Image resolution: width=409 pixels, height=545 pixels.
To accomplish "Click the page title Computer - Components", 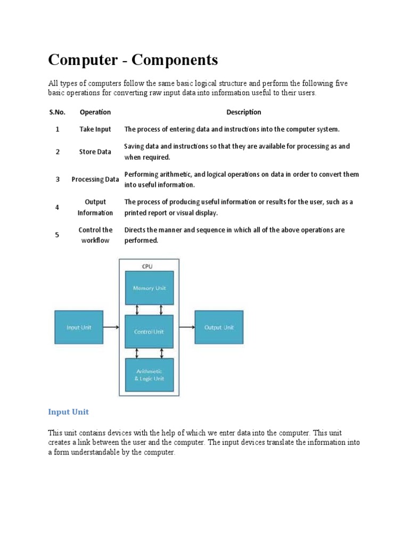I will pyautogui.click(x=133, y=61).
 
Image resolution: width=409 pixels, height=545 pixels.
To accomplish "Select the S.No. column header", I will pyautogui.click(x=57, y=112).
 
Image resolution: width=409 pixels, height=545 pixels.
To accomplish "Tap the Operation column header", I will pyautogui.click(x=95, y=112).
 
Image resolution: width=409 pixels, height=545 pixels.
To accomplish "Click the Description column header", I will pyautogui.click(x=243, y=112).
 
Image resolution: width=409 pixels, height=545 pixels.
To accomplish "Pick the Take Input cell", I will pyautogui.click(x=95, y=129).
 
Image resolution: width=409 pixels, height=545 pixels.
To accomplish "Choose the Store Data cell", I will pyautogui.click(x=95, y=152).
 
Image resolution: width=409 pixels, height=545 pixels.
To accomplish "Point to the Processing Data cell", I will pyautogui.click(x=95, y=179).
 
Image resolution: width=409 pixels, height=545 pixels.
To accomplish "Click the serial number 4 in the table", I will pyautogui.click(x=57, y=207).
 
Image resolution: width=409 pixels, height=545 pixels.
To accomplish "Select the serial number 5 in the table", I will pyautogui.click(x=57, y=235).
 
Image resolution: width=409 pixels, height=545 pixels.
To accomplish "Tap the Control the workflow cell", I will pyautogui.click(x=95, y=235).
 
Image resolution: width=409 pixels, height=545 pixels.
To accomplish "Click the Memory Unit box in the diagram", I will pyautogui.click(x=149, y=288).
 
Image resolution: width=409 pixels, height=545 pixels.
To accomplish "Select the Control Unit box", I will pyautogui.click(x=149, y=331).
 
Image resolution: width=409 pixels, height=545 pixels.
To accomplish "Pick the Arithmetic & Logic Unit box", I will pyautogui.click(x=149, y=375).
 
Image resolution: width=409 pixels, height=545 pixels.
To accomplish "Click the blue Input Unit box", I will pyautogui.click(x=78, y=327).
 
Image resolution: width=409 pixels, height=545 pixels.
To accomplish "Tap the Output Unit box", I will pyautogui.click(x=219, y=327).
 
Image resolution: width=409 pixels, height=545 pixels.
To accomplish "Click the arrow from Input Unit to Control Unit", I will pyautogui.click(x=111, y=328).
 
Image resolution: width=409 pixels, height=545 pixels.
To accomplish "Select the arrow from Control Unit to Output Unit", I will pyautogui.click(x=184, y=328).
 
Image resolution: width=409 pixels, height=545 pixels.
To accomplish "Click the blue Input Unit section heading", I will pyautogui.click(x=68, y=412).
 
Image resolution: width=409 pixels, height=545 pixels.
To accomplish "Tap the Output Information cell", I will pyautogui.click(x=95, y=207).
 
